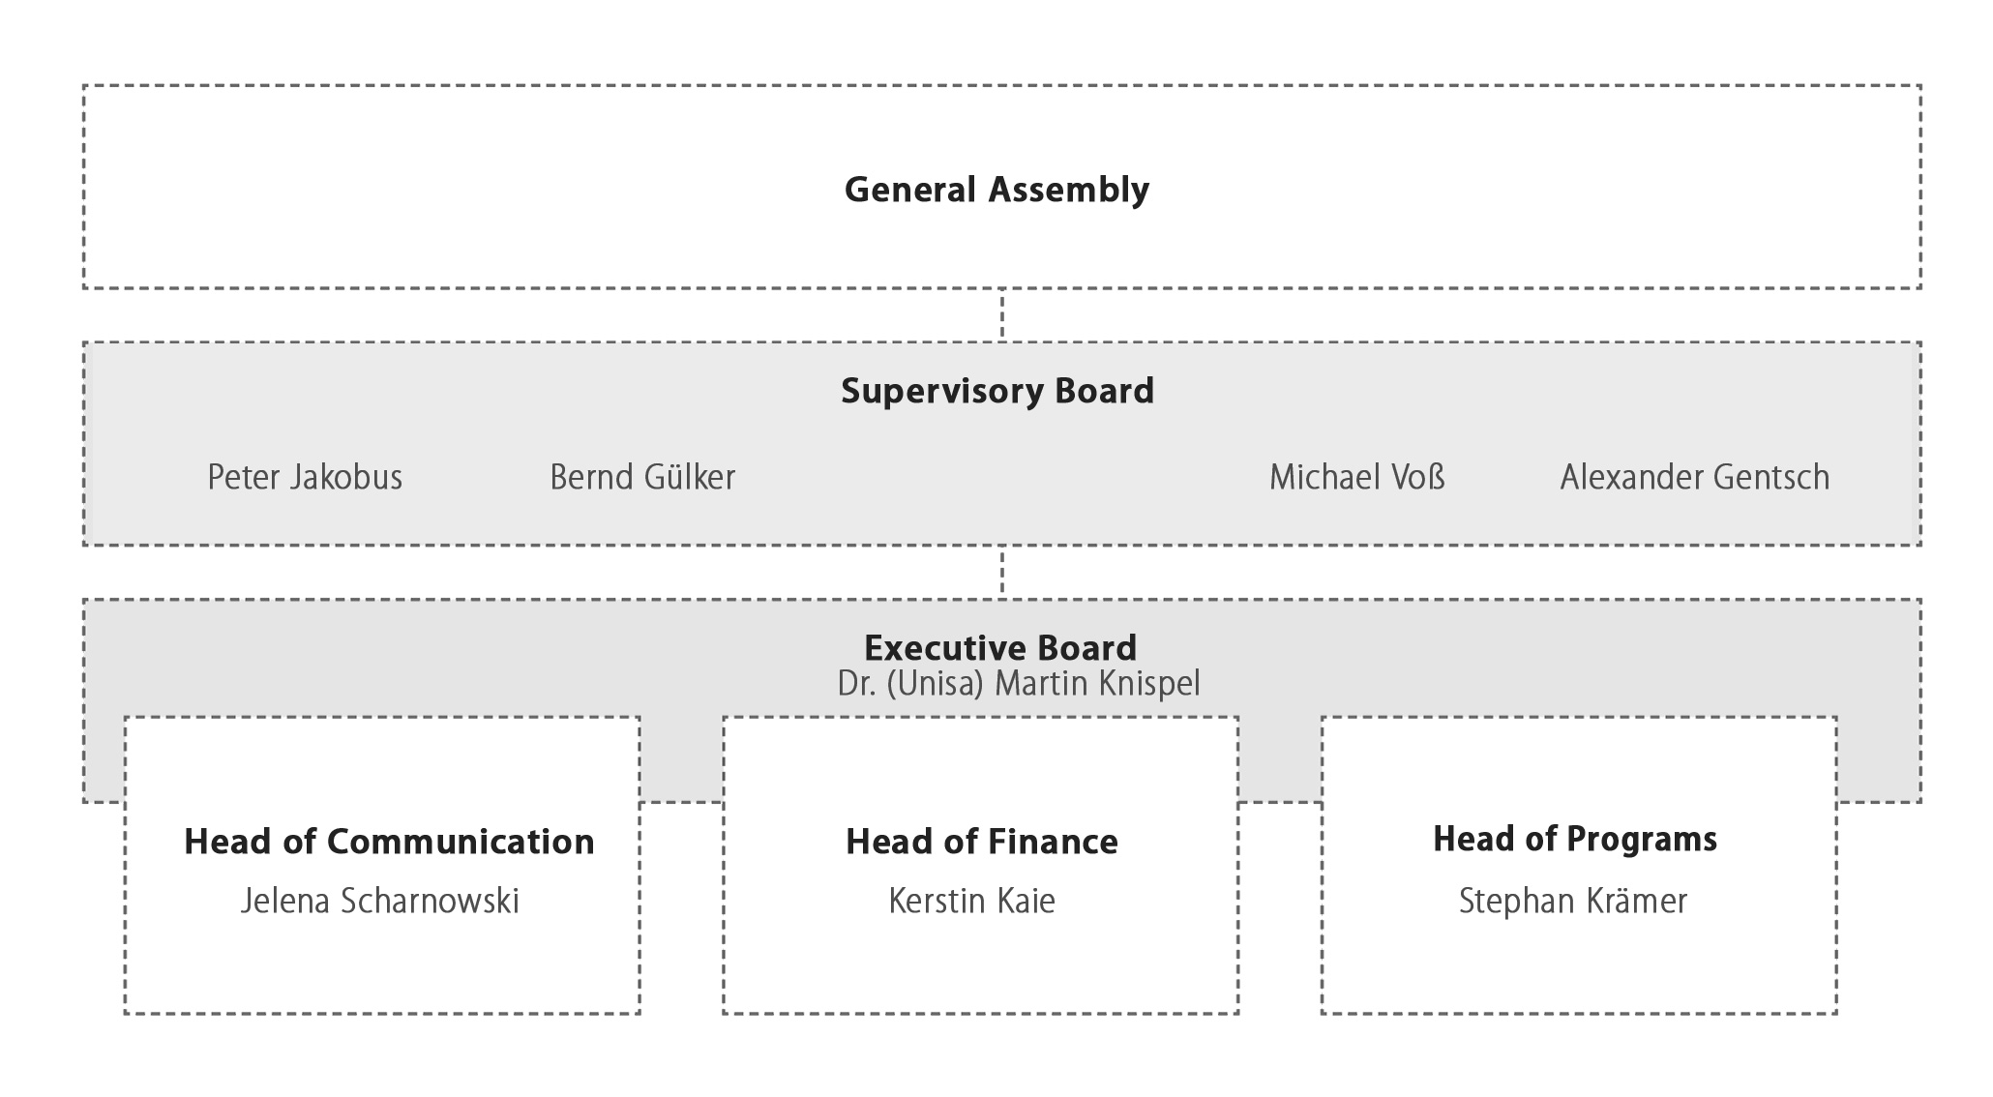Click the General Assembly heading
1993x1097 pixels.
pyautogui.click(x=996, y=190)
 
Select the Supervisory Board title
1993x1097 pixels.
pyautogui.click(x=997, y=391)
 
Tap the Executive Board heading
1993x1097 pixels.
pyautogui.click(x=1000, y=647)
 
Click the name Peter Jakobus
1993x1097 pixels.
pyautogui.click(x=305, y=477)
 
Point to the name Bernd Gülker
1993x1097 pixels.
pyautogui.click(x=642, y=477)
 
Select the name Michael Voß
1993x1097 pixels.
pyautogui.click(x=1357, y=477)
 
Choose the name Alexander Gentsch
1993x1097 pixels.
pyautogui.click(x=1695, y=477)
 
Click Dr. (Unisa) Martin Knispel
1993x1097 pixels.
pyautogui.click(x=1019, y=684)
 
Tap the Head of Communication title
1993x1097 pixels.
pyautogui.click(x=389, y=842)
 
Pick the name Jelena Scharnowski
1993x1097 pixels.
pyautogui.click(x=380, y=901)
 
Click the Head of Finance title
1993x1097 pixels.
pyautogui.click(x=982, y=842)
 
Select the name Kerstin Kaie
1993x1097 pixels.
pyautogui.click(x=972, y=901)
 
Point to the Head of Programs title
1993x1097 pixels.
pyautogui.click(x=1575, y=840)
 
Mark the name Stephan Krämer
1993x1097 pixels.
pyautogui.click(x=1573, y=901)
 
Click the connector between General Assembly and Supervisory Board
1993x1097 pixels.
pyautogui.click(x=1002, y=315)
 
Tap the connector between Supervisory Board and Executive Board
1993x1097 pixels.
pyautogui.click(x=1002, y=573)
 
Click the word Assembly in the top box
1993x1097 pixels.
pyautogui.click(x=1068, y=190)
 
